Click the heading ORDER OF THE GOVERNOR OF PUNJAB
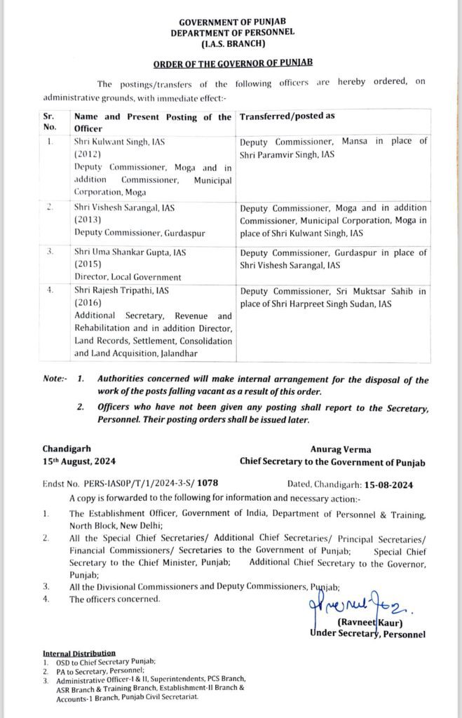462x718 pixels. (231, 62)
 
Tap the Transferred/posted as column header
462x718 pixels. (287, 117)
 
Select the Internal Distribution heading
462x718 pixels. (79, 653)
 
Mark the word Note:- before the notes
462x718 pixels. (54, 379)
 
